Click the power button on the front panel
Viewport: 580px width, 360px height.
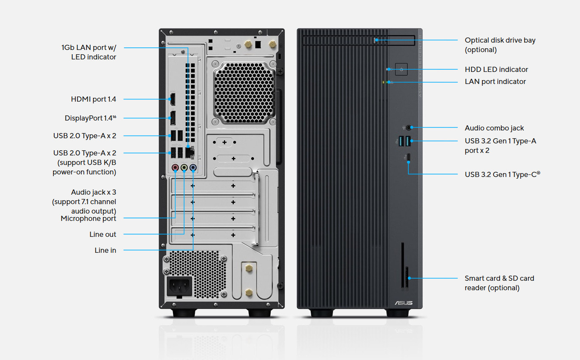click(x=401, y=69)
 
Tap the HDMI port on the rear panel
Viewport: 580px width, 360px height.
click(x=172, y=99)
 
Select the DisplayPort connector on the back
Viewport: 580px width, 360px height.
click(x=172, y=118)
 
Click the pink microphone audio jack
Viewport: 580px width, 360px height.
click(x=175, y=168)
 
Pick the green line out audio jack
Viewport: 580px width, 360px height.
click(x=184, y=168)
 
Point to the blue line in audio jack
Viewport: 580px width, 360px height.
click(x=193, y=168)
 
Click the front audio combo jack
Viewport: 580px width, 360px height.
click(x=409, y=127)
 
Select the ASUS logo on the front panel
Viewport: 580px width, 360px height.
click(x=404, y=303)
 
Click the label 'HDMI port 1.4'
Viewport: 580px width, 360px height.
click(x=93, y=99)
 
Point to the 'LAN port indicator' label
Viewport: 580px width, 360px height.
click(x=495, y=82)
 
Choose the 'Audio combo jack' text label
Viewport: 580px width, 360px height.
click(x=494, y=128)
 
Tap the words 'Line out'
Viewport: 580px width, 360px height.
click(x=103, y=235)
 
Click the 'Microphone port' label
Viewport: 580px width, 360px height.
click(x=88, y=219)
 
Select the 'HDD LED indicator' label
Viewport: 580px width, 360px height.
click(x=496, y=70)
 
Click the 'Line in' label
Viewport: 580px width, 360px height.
click(x=105, y=251)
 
